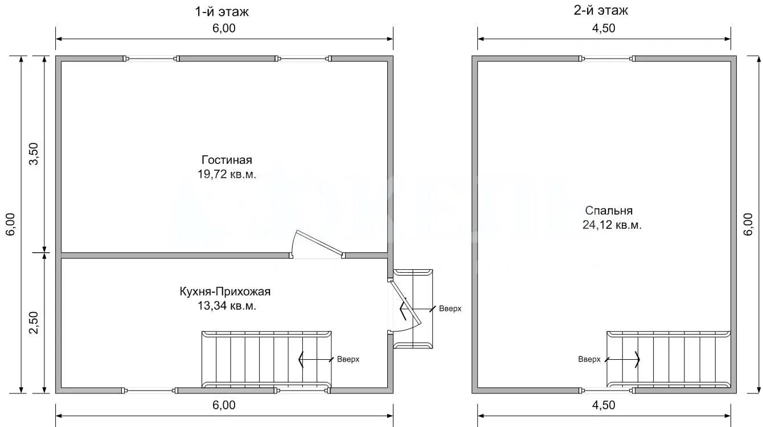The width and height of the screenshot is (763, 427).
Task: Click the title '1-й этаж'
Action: coord(221,12)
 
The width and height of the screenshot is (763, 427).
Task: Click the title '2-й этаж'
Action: coord(601,11)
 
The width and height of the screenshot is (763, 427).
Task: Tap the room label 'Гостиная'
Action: coord(227,160)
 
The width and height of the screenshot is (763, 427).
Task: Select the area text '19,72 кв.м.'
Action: coord(227,174)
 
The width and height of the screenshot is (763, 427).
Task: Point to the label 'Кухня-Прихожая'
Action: coord(225,291)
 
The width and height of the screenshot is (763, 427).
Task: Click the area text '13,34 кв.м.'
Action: coord(227,306)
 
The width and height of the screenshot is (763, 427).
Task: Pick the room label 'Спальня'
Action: coord(609,211)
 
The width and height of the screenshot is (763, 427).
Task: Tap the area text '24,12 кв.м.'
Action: coord(612,225)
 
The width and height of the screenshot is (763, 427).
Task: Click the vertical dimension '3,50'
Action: coord(34,154)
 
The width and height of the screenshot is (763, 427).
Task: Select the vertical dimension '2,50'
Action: coord(34,323)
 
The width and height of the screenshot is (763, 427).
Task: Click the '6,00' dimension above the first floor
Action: coord(224,28)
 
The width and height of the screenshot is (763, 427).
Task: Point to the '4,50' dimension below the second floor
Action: coord(604,405)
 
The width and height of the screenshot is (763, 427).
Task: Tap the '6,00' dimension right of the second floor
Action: coord(748,224)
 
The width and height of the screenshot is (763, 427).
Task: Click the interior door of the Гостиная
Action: coord(318,244)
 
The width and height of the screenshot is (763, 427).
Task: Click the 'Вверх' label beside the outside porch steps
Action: coord(450,309)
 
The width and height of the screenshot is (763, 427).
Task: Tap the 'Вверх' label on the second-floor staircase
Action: coord(589,359)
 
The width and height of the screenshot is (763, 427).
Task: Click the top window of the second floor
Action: coord(607,59)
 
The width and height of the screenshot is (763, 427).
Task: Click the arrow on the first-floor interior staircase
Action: coord(315,359)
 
